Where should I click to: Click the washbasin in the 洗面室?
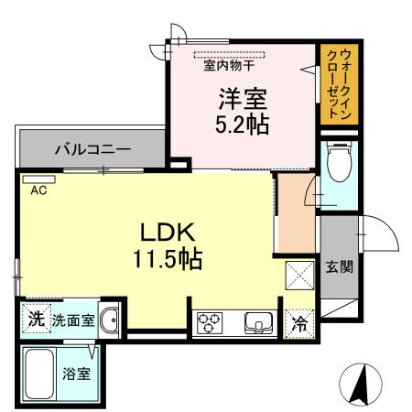pos(109,320)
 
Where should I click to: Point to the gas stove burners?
pos(207,323)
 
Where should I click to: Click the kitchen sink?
pos(255,323)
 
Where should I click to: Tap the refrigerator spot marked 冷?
pos(299,322)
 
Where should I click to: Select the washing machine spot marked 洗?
pos(35,320)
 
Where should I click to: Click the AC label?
pos(38,190)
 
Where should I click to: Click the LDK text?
pos(165,231)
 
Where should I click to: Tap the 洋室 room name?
pos(242,98)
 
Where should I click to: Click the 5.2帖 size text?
pos(242,125)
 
